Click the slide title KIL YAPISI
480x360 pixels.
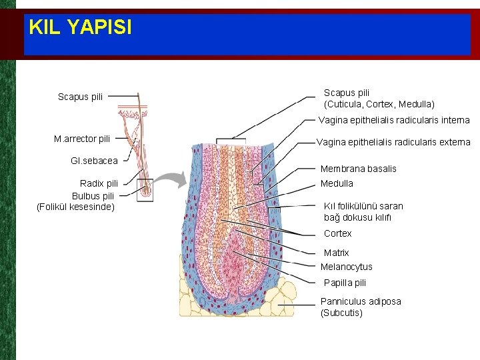click(80, 27)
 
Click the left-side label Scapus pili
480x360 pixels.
click(80, 97)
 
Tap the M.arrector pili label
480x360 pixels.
click(82, 139)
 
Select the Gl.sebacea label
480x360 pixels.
click(94, 160)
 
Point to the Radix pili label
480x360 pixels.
click(99, 183)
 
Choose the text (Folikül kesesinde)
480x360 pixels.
click(75, 207)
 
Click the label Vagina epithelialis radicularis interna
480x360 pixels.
click(394, 121)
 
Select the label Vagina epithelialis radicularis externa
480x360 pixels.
click(393, 142)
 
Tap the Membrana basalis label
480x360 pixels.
click(358, 169)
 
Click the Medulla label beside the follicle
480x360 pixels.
click(337, 183)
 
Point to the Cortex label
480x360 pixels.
click(337, 233)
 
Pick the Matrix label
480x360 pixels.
click(336, 253)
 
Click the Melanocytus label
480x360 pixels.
click(346, 267)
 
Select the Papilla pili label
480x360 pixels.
click(345, 283)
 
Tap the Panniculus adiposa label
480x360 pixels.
click(361, 301)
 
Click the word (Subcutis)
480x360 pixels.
click(341, 313)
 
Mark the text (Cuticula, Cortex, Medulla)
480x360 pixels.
click(379, 105)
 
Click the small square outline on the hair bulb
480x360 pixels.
click(144, 189)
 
